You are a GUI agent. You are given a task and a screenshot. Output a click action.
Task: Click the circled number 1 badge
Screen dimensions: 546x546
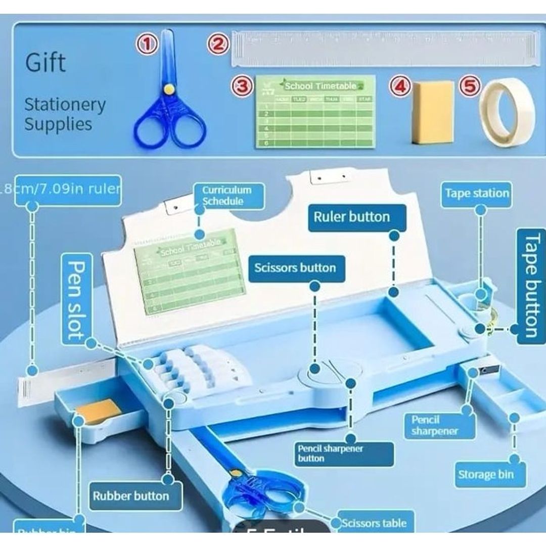[x=147, y=44]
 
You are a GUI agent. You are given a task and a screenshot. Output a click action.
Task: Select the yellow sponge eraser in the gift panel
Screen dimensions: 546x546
[x=431, y=112]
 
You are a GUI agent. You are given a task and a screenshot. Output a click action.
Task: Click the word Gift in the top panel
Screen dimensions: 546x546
[x=45, y=63]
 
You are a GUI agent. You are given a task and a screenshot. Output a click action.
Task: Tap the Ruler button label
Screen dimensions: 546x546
[x=352, y=217]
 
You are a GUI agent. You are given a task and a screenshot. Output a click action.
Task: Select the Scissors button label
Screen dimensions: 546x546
[x=295, y=267]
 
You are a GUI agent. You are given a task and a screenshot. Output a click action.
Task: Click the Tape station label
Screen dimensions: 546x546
[x=477, y=193]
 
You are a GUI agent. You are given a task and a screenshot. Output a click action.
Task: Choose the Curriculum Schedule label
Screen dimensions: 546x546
[x=227, y=196]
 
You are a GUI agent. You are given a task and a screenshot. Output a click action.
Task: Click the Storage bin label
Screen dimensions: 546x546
[x=485, y=474]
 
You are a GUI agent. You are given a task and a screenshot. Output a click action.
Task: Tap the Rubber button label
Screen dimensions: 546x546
[x=130, y=495]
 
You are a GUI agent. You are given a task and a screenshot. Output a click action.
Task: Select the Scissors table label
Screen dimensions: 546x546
[x=374, y=523]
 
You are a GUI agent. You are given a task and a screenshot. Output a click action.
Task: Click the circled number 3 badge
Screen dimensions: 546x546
[x=243, y=86]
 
